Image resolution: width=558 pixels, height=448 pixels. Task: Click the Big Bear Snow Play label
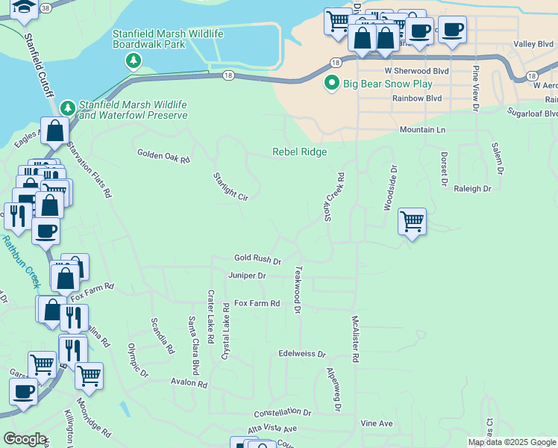click(386, 83)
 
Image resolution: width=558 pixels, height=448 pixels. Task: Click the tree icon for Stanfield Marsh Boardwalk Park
click(134, 60)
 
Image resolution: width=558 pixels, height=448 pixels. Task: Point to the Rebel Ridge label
click(299, 152)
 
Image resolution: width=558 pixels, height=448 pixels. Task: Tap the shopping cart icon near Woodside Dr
click(412, 221)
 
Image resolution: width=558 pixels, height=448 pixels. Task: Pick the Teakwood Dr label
click(298, 289)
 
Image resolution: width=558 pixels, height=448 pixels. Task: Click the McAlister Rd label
click(355, 338)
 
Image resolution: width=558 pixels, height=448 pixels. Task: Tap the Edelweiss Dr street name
click(302, 354)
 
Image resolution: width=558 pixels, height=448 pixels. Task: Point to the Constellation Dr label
click(282, 412)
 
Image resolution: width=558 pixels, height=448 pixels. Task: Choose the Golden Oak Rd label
click(163, 155)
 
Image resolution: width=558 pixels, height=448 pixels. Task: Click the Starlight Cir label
click(230, 186)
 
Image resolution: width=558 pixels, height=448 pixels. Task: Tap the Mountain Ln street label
click(422, 130)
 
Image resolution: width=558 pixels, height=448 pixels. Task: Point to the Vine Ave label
click(376, 423)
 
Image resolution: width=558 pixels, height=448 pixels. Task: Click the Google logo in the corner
click(25, 439)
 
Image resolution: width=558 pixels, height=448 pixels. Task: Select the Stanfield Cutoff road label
click(39, 64)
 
